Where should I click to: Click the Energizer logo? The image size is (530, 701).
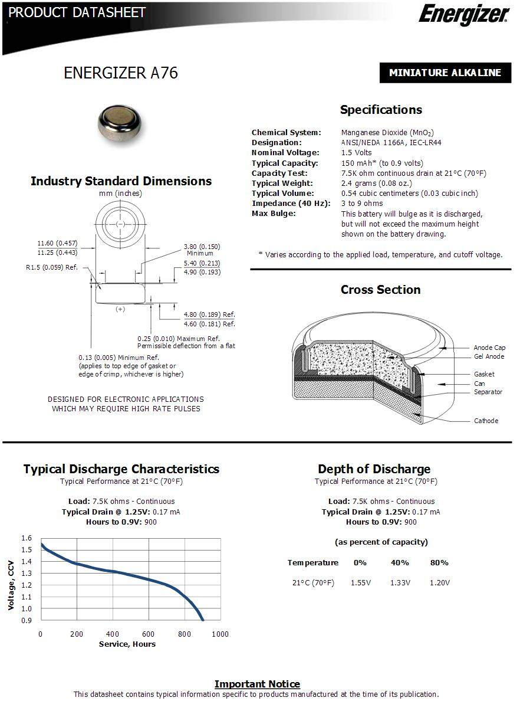tap(463, 14)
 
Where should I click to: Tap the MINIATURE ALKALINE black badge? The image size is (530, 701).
tap(445, 73)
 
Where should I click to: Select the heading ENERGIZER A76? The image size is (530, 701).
tap(120, 73)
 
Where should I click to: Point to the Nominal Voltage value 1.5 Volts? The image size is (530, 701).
tap(356, 153)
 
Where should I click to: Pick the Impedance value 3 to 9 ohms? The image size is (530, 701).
tap(362, 203)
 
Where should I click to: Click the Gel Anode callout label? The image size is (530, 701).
tap(489, 356)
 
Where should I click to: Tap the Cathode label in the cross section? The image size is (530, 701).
tap(486, 421)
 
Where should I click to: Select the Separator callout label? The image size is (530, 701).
tap(488, 392)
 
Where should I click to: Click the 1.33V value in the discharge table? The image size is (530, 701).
tap(400, 582)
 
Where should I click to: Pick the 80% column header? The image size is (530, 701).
tap(439, 562)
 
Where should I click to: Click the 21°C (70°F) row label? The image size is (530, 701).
tap(313, 582)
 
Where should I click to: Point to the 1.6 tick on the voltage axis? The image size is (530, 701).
tap(27, 538)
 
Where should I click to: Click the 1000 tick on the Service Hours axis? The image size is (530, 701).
tap(220, 634)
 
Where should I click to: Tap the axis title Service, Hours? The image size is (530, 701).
tap(127, 644)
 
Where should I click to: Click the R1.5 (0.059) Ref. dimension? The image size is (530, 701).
tap(52, 267)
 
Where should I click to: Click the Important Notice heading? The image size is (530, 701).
tap(257, 684)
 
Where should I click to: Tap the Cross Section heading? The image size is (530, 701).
tap(380, 290)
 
